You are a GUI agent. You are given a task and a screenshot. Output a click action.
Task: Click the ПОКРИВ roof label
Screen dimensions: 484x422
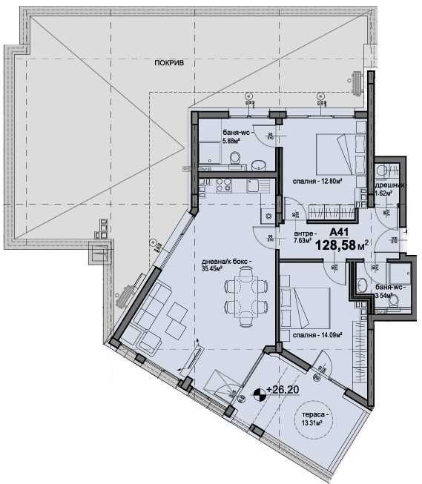click(169, 63)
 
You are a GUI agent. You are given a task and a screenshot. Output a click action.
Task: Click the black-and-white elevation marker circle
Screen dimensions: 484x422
click(260, 394)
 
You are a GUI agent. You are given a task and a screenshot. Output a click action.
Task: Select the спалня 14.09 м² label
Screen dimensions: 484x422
click(316, 334)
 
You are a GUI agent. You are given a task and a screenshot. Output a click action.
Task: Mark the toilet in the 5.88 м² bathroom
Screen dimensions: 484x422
click(235, 158)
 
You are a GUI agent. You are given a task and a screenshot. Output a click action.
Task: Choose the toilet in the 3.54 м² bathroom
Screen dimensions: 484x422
click(392, 300)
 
